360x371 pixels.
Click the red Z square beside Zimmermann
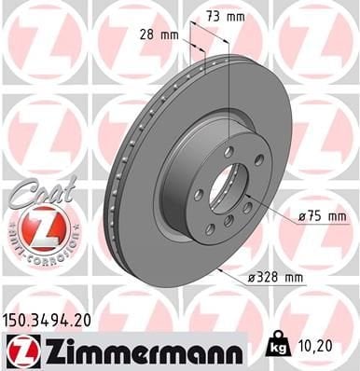(20, 350)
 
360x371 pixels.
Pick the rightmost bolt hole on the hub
(258, 160)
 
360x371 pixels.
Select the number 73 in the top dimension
(216, 16)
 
